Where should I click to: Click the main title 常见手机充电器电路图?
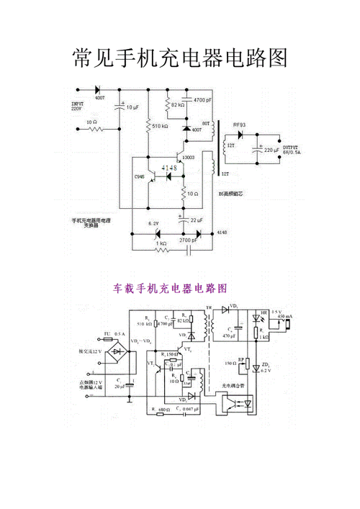pos(180,58)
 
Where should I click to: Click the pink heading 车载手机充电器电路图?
pos(171,288)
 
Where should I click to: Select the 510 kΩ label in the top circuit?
pos(161,126)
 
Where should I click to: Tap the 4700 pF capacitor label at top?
pos(202,100)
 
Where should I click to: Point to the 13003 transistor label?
pos(189,157)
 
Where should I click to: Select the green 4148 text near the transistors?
pos(169,168)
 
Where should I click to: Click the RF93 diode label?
pos(239,125)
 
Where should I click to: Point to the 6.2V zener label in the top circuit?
pos(153,224)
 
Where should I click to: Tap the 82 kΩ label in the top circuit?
pos(178,105)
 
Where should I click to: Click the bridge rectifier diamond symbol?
pos(114,353)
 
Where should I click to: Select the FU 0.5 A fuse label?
pos(115,335)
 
